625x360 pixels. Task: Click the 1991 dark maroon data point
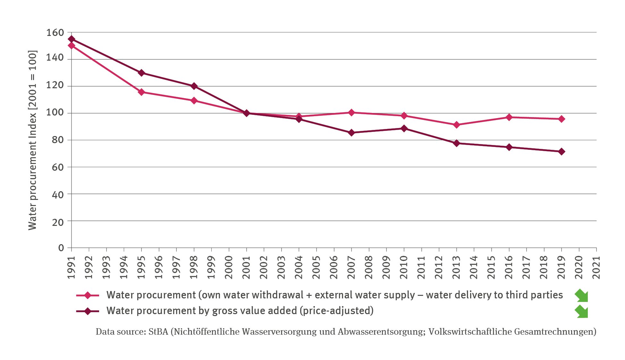tap(72, 39)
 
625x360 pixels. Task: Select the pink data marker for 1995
tap(141, 92)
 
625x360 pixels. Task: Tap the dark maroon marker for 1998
tap(194, 86)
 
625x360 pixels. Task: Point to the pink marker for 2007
tap(351, 113)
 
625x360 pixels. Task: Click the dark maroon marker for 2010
tap(404, 128)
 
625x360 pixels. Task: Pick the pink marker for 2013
tap(457, 125)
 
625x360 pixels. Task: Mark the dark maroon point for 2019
tap(562, 151)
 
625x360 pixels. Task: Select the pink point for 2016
tap(509, 117)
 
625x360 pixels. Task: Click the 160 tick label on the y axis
tap(55, 33)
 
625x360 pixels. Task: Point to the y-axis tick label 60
tap(58, 167)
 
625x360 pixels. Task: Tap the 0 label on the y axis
tap(61, 248)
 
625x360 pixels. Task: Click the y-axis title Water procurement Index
tap(32, 140)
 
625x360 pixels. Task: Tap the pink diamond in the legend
tap(87, 295)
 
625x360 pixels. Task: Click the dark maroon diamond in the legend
tap(87, 311)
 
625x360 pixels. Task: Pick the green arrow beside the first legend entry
tap(581, 296)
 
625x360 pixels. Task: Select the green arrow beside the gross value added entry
tap(581, 311)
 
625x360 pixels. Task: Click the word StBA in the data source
tap(158, 332)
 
